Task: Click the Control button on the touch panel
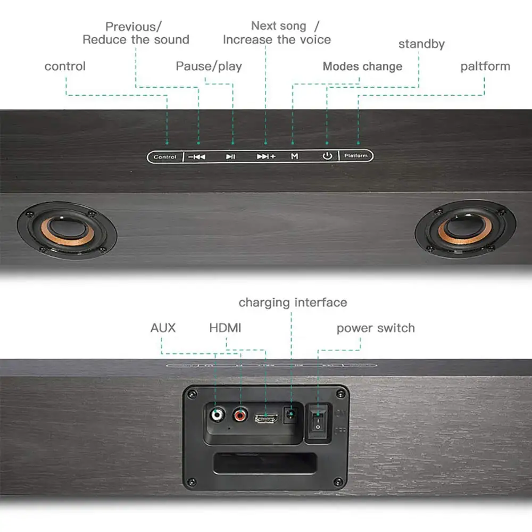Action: coord(164,157)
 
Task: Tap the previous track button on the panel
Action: coord(196,157)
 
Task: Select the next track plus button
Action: coord(265,157)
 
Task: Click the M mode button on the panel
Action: coord(294,156)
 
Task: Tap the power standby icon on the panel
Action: coord(327,156)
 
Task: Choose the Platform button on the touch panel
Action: coord(355,156)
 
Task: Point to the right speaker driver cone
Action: coord(465,229)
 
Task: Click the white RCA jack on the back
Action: coord(217,413)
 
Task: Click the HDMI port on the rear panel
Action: coord(267,419)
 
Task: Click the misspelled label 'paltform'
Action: coord(485,66)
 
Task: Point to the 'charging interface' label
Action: coord(293,303)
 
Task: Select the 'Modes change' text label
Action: coord(362,66)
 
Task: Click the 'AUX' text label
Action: coord(163,328)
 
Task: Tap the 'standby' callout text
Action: coord(421,44)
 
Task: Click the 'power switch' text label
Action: coord(375,328)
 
